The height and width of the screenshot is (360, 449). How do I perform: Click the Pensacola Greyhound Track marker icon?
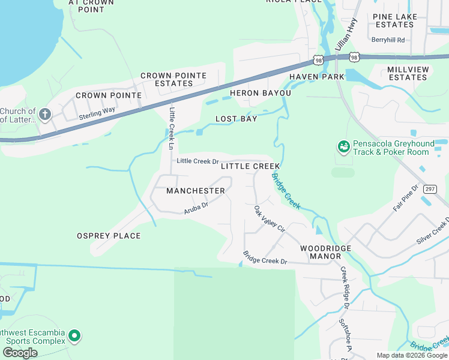coord(343,146)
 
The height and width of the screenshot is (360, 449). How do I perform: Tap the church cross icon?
coord(45,113)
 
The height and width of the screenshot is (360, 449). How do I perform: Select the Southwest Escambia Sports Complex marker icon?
coord(74,336)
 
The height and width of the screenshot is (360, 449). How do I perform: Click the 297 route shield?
coord(429,189)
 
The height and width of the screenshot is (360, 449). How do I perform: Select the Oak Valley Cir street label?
coord(268,219)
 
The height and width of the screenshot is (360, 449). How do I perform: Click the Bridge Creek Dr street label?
coord(265,258)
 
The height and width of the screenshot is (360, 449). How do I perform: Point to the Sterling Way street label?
coord(97,113)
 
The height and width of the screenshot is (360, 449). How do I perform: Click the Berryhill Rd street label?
coord(388,40)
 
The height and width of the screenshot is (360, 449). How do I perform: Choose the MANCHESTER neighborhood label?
coord(196,191)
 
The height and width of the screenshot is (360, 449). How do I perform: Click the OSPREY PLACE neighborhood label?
coord(109,236)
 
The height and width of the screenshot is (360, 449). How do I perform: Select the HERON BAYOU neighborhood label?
coord(261,93)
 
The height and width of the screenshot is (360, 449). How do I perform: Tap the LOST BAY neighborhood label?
coord(237,119)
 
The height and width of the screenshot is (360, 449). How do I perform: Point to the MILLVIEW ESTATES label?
coord(408,73)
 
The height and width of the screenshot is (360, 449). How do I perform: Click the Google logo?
coord(20,353)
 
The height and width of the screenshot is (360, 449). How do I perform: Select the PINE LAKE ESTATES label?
coord(394,20)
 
